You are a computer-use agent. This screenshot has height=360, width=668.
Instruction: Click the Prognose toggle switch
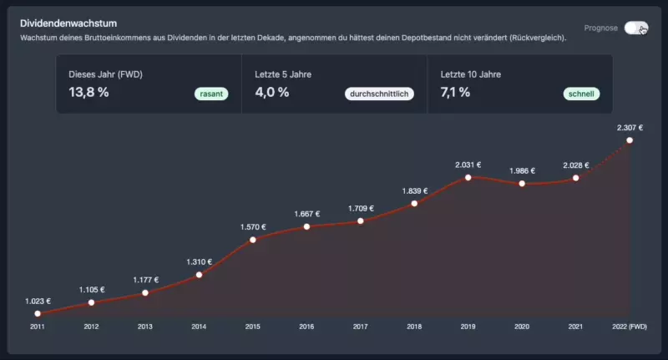(635, 28)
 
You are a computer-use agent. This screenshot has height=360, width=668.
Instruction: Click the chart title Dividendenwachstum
(68, 23)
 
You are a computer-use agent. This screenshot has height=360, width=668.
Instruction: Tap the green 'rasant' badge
(211, 94)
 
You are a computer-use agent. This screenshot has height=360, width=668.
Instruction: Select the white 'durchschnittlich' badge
(379, 94)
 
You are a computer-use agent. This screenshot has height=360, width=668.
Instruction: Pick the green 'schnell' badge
(581, 94)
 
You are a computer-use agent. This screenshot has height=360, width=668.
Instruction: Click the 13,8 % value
(89, 92)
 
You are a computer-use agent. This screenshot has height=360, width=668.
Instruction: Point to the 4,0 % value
(272, 92)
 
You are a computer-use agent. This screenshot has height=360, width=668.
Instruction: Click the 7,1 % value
(455, 92)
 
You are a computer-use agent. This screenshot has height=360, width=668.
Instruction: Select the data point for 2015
(253, 241)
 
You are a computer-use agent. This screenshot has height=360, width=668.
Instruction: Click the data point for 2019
(468, 177)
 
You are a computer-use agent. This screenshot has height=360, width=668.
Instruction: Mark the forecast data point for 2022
(630, 140)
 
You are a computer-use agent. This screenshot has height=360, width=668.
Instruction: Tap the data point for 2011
(38, 313)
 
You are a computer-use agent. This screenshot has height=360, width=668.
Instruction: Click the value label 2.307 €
(630, 128)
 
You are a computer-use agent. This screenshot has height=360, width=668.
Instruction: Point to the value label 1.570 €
(253, 227)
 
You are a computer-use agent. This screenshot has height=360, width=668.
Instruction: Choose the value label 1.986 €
(522, 170)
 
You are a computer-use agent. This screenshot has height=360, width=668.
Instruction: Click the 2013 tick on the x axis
(144, 327)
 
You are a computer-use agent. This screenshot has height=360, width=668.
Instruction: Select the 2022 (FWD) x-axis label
(630, 327)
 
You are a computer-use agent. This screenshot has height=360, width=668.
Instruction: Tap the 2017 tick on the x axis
(360, 327)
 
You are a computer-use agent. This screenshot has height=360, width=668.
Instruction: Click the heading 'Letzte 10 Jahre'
(471, 74)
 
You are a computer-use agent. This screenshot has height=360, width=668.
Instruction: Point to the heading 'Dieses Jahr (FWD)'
(105, 74)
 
